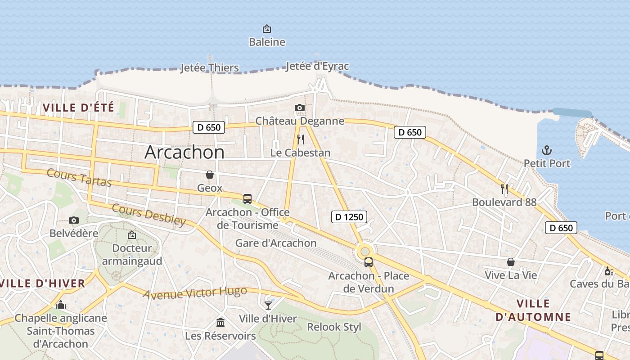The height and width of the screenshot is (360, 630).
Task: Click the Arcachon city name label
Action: [x=184, y=152]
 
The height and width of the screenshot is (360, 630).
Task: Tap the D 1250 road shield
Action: [x=349, y=217]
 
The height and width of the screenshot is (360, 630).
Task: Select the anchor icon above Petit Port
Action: [x=547, y=150]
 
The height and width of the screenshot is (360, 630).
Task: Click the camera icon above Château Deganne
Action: [x=299, y=108]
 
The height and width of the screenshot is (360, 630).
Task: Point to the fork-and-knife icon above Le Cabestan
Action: [x=301, y=139]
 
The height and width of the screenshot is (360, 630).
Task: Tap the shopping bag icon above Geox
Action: [x=210, y=175]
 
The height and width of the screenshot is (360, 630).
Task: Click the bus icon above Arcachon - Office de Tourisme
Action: [x=247, y=198]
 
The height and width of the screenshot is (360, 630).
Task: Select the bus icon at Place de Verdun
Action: [x=369, y=262]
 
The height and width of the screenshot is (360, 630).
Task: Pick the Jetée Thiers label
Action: [x=209, y=68]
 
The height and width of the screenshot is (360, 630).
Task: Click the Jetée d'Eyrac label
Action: [x=317, y=67]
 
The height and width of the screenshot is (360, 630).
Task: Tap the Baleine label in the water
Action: [x=267, y=42]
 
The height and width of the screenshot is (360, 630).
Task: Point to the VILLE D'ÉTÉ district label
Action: [x=78, y=108]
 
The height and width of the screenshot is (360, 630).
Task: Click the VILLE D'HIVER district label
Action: [x=43, y=283]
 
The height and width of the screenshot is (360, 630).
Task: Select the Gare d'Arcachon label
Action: [x=276, y=243]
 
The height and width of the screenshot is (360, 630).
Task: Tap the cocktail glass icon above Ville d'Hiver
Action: [x=268, y=306]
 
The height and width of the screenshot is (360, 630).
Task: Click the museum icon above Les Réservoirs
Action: [x=220, y=322]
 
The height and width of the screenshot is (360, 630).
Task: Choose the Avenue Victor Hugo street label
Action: [x=195, y=292]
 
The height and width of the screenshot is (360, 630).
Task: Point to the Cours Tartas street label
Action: [x=79, y=178]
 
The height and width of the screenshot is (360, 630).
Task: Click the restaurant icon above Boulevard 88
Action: [x=504, y=189]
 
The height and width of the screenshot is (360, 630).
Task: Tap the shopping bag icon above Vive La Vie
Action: [x=511, y=262]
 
